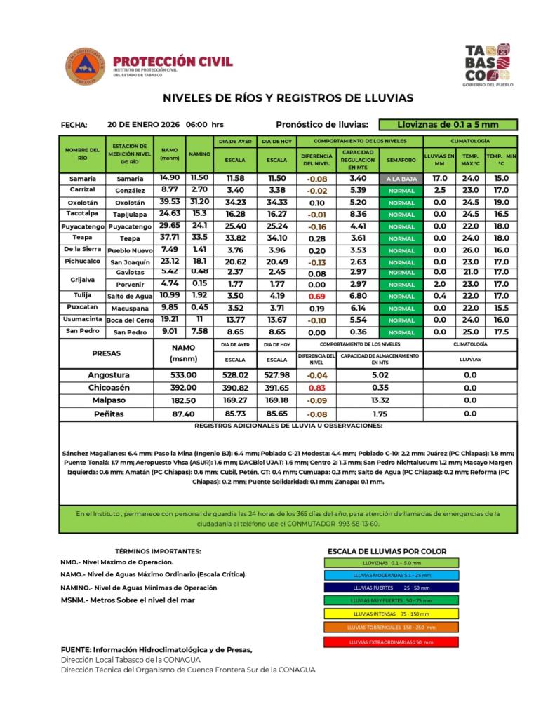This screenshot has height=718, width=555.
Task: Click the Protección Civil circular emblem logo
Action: click(x=86, y=67)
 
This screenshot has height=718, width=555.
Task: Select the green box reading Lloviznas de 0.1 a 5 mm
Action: click(x=448, y=125)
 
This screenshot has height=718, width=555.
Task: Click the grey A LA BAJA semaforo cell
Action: click(x=401, y=179)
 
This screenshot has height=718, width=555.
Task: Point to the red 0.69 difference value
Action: click(x=317, y=297)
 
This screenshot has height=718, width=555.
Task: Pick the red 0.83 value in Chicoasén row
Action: click(x=317, y=388)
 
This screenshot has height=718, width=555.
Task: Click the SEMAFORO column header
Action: click(x=401, y=161)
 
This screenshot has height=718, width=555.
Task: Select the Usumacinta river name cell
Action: click(x=83, y=319)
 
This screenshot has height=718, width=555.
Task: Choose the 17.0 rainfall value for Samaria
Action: click(x=440, y=179)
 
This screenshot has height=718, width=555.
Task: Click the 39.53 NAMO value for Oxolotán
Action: click(x=169, y=202)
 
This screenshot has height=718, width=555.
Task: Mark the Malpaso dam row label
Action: click(x=108, y=400)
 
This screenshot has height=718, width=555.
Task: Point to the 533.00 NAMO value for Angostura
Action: click(x=183, y=375)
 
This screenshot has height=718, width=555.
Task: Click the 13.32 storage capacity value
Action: click(x=380, y=400)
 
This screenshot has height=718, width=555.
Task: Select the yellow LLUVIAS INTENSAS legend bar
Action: click(x=392, y=614)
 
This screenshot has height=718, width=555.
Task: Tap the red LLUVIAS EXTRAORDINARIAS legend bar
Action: click(x=392, y=642)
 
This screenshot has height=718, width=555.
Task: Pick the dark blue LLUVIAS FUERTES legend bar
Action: click(x=392, y=587)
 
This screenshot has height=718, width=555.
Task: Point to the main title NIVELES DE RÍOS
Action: click(x=288, y=98)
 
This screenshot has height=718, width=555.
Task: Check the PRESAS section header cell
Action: click(x=106, y=353)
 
